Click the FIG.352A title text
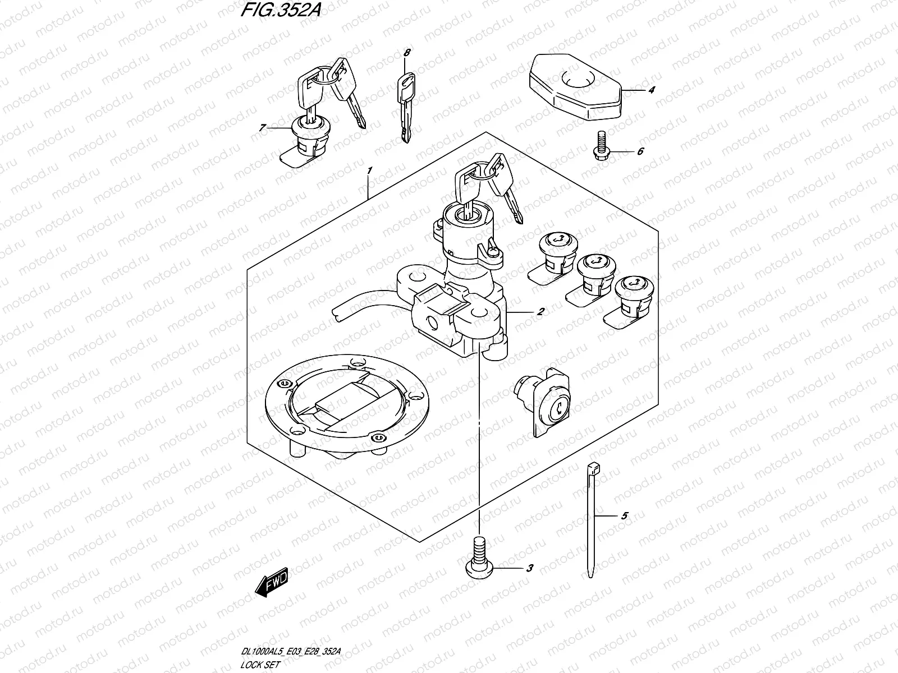coord(281,10)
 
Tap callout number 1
coord(369,170)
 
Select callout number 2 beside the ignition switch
coord(540,312)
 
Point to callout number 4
coord(651,90)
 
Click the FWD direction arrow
coord(272,582)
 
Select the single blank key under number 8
coord(406,108)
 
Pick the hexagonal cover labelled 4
coord(575,86)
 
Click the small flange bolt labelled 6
coord(602,145)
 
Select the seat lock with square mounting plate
coord(543,402)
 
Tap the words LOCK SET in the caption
coord(260,665)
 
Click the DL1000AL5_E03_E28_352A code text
coord(291,651)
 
